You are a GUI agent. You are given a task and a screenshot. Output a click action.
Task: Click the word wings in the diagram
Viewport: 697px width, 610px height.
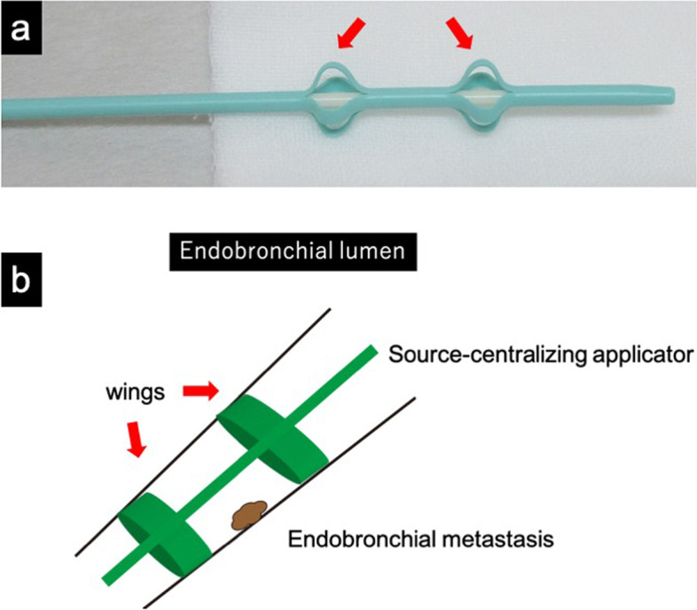(x=133, y=390)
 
